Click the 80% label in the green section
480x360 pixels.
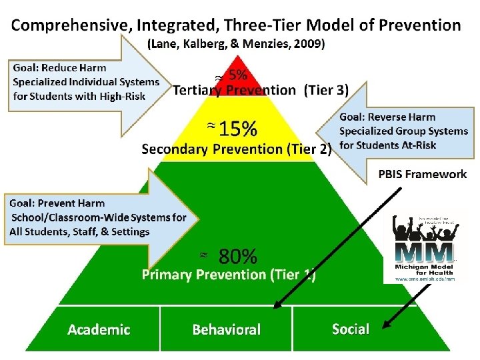point(238,256)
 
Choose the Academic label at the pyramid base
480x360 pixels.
point(99,329)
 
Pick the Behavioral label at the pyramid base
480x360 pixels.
point(227,329)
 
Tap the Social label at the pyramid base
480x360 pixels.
point(350,329)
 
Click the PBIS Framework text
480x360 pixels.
point(423,174)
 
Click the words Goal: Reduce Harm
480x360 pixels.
point(59,68)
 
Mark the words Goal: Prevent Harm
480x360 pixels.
point(57,203)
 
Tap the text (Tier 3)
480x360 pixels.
point(326,90)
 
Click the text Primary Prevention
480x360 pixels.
point(203,275)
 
